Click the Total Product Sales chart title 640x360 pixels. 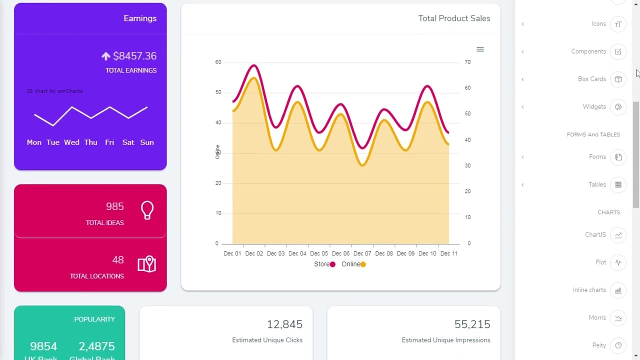click(454, 18)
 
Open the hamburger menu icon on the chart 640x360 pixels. click(480, 49)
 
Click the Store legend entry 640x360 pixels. click(324, 264)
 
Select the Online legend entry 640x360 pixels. click(353, 264)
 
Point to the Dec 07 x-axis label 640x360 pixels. click(362, 253)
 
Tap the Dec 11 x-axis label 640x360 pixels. click(448, 253)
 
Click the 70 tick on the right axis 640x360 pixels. click(467, 62)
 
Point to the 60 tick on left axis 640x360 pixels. click(218, 62)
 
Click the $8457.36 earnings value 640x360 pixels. click(134, 56)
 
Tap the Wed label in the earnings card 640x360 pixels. click(71, 142)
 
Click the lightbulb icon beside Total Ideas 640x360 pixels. click(147, 210)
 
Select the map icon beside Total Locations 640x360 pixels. click(147, 264)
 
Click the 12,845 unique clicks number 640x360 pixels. click(284, 324)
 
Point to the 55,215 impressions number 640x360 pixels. click(472, 324)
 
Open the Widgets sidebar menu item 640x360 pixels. click(594, 107)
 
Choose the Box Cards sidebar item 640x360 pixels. click(591, 79)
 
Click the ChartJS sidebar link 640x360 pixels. click(595, 235)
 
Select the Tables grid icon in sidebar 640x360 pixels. click(618, 184)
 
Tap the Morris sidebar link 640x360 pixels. click(597, 318)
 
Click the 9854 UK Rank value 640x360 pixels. click(43, 346)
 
